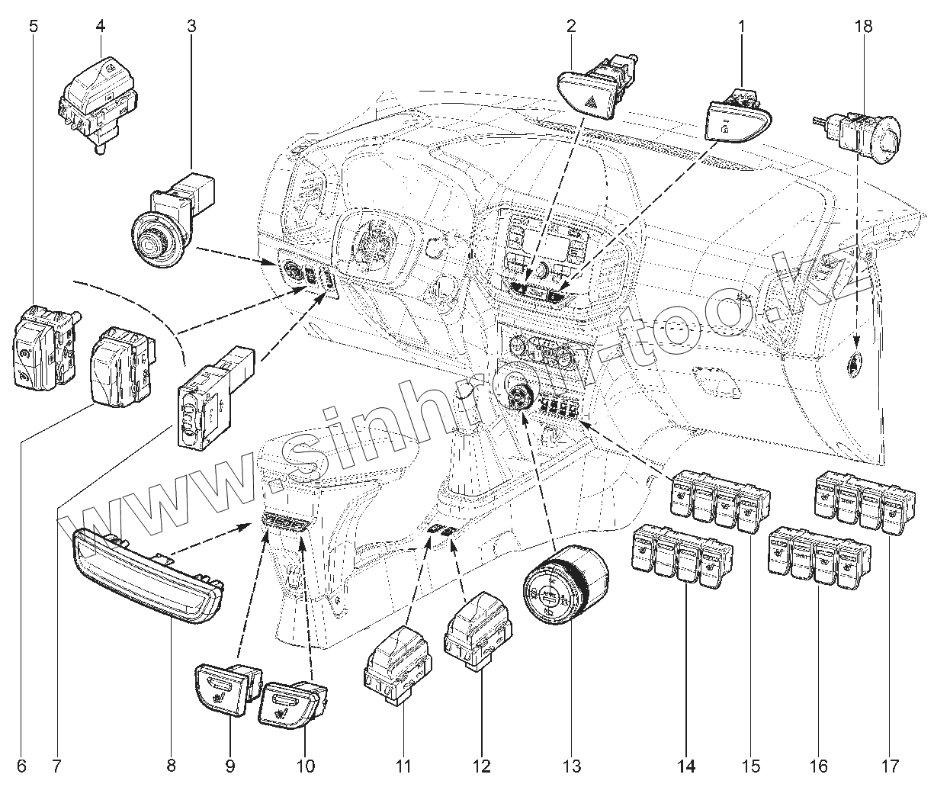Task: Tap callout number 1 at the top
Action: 740,25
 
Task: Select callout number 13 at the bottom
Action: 571,765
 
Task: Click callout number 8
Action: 171,765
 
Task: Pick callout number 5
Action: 33,25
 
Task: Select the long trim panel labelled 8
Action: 149,576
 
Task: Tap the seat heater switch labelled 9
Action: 226,686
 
